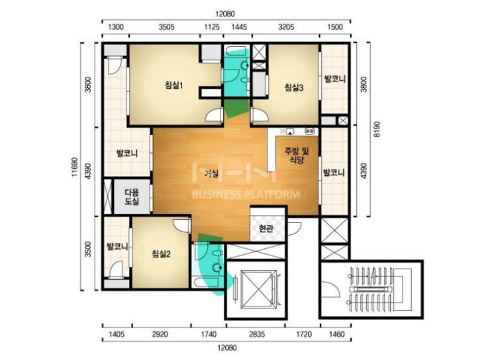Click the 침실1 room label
click(x=174, y=85)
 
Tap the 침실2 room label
click(x=161, y=253)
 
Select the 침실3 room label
click(x=294, y=87)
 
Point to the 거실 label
click(x=211, y=173)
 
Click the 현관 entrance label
click(x=266, y=228)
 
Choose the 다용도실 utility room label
click(x=132, y=197)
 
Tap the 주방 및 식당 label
click(x=297, y=156)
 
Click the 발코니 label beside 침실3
click(x=335, y=78)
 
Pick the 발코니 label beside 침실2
click(x=117, y=246)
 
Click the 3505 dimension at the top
click(x=166, y=27)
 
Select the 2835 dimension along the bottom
click(x=257, y=334)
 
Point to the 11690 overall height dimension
click(x=74, y=167)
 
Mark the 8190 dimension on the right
click(x=377, y=129)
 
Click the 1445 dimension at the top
click(x=239, y=27)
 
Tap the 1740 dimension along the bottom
click(x=209, y=334)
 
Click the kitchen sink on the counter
click(x=289, y=131)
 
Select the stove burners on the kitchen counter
click(x=309, y=131)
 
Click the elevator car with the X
click(x=258, y=289)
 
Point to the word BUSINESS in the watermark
click(x=217, y=195)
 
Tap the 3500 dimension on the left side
click(x=88, y=249)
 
